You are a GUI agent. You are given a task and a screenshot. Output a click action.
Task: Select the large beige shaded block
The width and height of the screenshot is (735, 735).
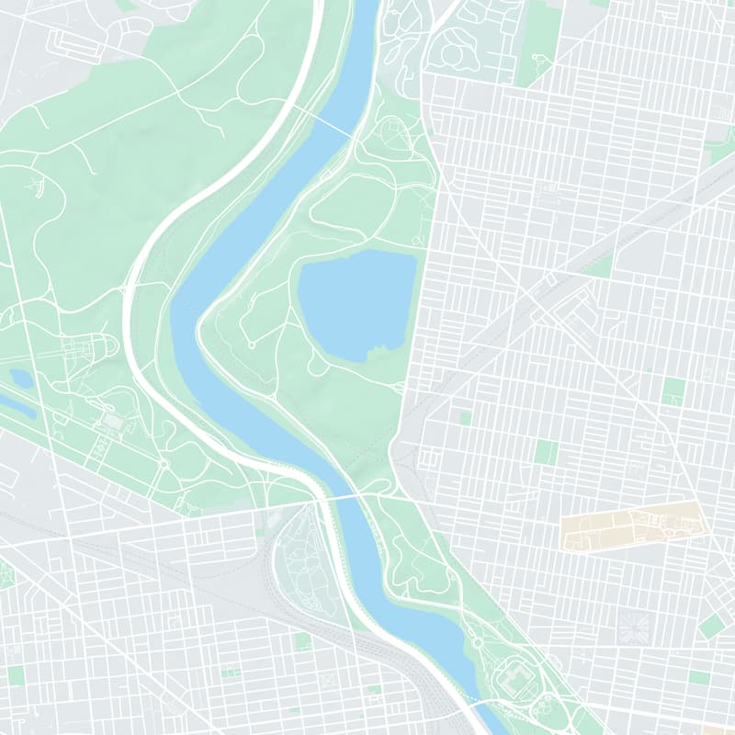tap(632, 526)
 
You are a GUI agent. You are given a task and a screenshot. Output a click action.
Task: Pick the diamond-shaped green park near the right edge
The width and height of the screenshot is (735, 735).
tap(712, 627)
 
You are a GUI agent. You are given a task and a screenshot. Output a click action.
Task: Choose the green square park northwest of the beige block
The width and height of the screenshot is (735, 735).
tap(546, 452)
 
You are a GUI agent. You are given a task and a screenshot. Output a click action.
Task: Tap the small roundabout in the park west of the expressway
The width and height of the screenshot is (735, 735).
tap(164, 464)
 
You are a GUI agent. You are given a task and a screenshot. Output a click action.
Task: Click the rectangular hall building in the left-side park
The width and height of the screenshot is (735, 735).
tap(113, 420)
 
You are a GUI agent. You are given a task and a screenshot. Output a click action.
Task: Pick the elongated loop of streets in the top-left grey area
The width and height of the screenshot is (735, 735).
tap(78, 41)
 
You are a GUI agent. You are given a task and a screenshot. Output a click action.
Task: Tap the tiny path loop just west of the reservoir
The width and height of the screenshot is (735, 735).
tap(251, 345)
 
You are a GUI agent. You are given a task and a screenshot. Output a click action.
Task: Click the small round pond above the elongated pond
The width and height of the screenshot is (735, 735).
tap(20, 377)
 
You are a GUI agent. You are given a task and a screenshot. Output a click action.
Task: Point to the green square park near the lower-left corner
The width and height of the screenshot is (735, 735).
tap(16, 676)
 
